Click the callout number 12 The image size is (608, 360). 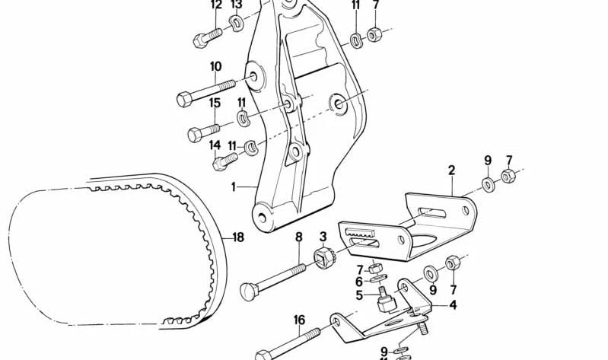216,5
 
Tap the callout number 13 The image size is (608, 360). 237,5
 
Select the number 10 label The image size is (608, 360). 215,66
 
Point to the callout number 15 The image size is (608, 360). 215,104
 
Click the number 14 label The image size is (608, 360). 215,145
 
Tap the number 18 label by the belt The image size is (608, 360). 238,237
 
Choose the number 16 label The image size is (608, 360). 298,320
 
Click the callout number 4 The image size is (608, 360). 453,305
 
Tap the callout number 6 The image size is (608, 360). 359,282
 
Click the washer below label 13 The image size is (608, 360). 237,24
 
